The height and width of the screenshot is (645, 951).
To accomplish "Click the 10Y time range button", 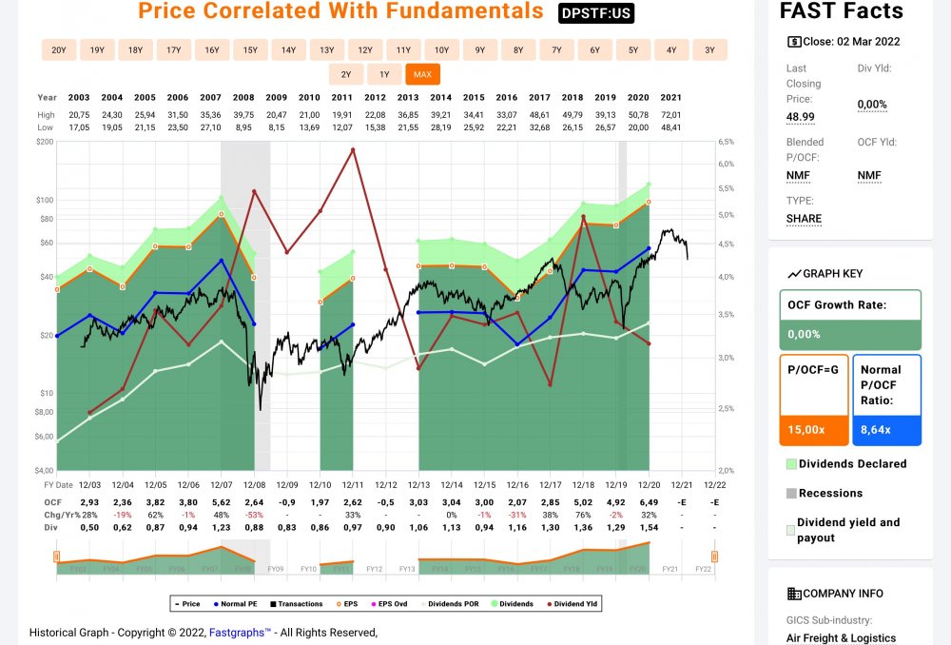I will pos(442,49).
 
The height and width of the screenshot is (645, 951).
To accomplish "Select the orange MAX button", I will pos(422,74).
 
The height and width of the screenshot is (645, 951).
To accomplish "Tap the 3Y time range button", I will pos(709,49).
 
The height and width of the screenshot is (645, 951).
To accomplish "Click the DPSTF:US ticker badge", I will pos(596,13).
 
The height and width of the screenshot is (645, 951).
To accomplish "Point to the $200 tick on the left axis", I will pos(45,142).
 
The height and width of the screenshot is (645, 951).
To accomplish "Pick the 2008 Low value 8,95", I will pos(243,127).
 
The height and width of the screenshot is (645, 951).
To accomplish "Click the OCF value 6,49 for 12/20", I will pos(650,502).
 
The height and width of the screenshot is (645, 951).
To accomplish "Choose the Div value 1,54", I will pos(650,526).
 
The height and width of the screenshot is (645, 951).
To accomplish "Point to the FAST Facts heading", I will pos(841,11).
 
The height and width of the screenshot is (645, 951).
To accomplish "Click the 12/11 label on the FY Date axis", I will pos(353,485).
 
